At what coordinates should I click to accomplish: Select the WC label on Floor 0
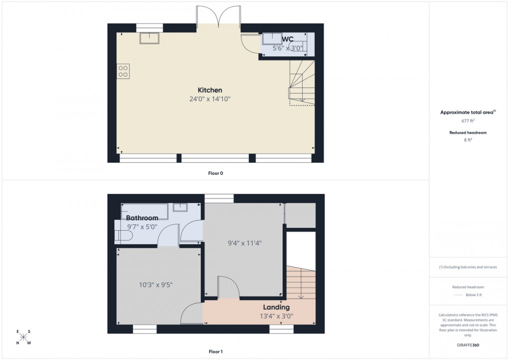(x=287, y=39)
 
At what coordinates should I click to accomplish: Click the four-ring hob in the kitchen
(x=123, y=71)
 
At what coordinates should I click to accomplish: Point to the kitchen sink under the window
(x=149, y=38)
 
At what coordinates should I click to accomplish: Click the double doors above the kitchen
(x=219, y=17)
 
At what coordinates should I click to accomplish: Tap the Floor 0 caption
(x=216, y=173)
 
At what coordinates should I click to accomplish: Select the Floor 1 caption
(x=216, y=352)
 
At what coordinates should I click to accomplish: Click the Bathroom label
(x=142, y=218)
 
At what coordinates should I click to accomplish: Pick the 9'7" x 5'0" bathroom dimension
(x=142, y=227)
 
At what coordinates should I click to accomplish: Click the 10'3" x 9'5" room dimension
(x=156, y=285)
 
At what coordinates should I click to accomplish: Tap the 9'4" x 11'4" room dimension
(x=245, y=243)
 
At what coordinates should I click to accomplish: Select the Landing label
(x=276, y=307)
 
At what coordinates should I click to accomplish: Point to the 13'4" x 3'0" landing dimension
(x=276, y=316)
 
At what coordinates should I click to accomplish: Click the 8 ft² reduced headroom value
(x=468, y=140)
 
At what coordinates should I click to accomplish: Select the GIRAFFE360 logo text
(x=468, y=345)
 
